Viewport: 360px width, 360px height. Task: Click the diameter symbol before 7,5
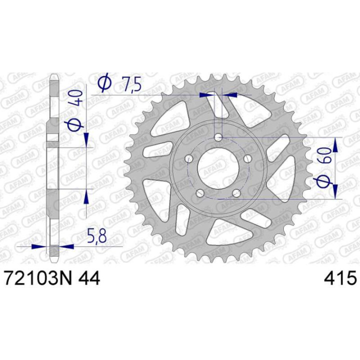pyautogui.click(x=104, y=83)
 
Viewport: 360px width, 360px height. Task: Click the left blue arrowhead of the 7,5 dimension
pyautogui.click(x=205, y=94)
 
